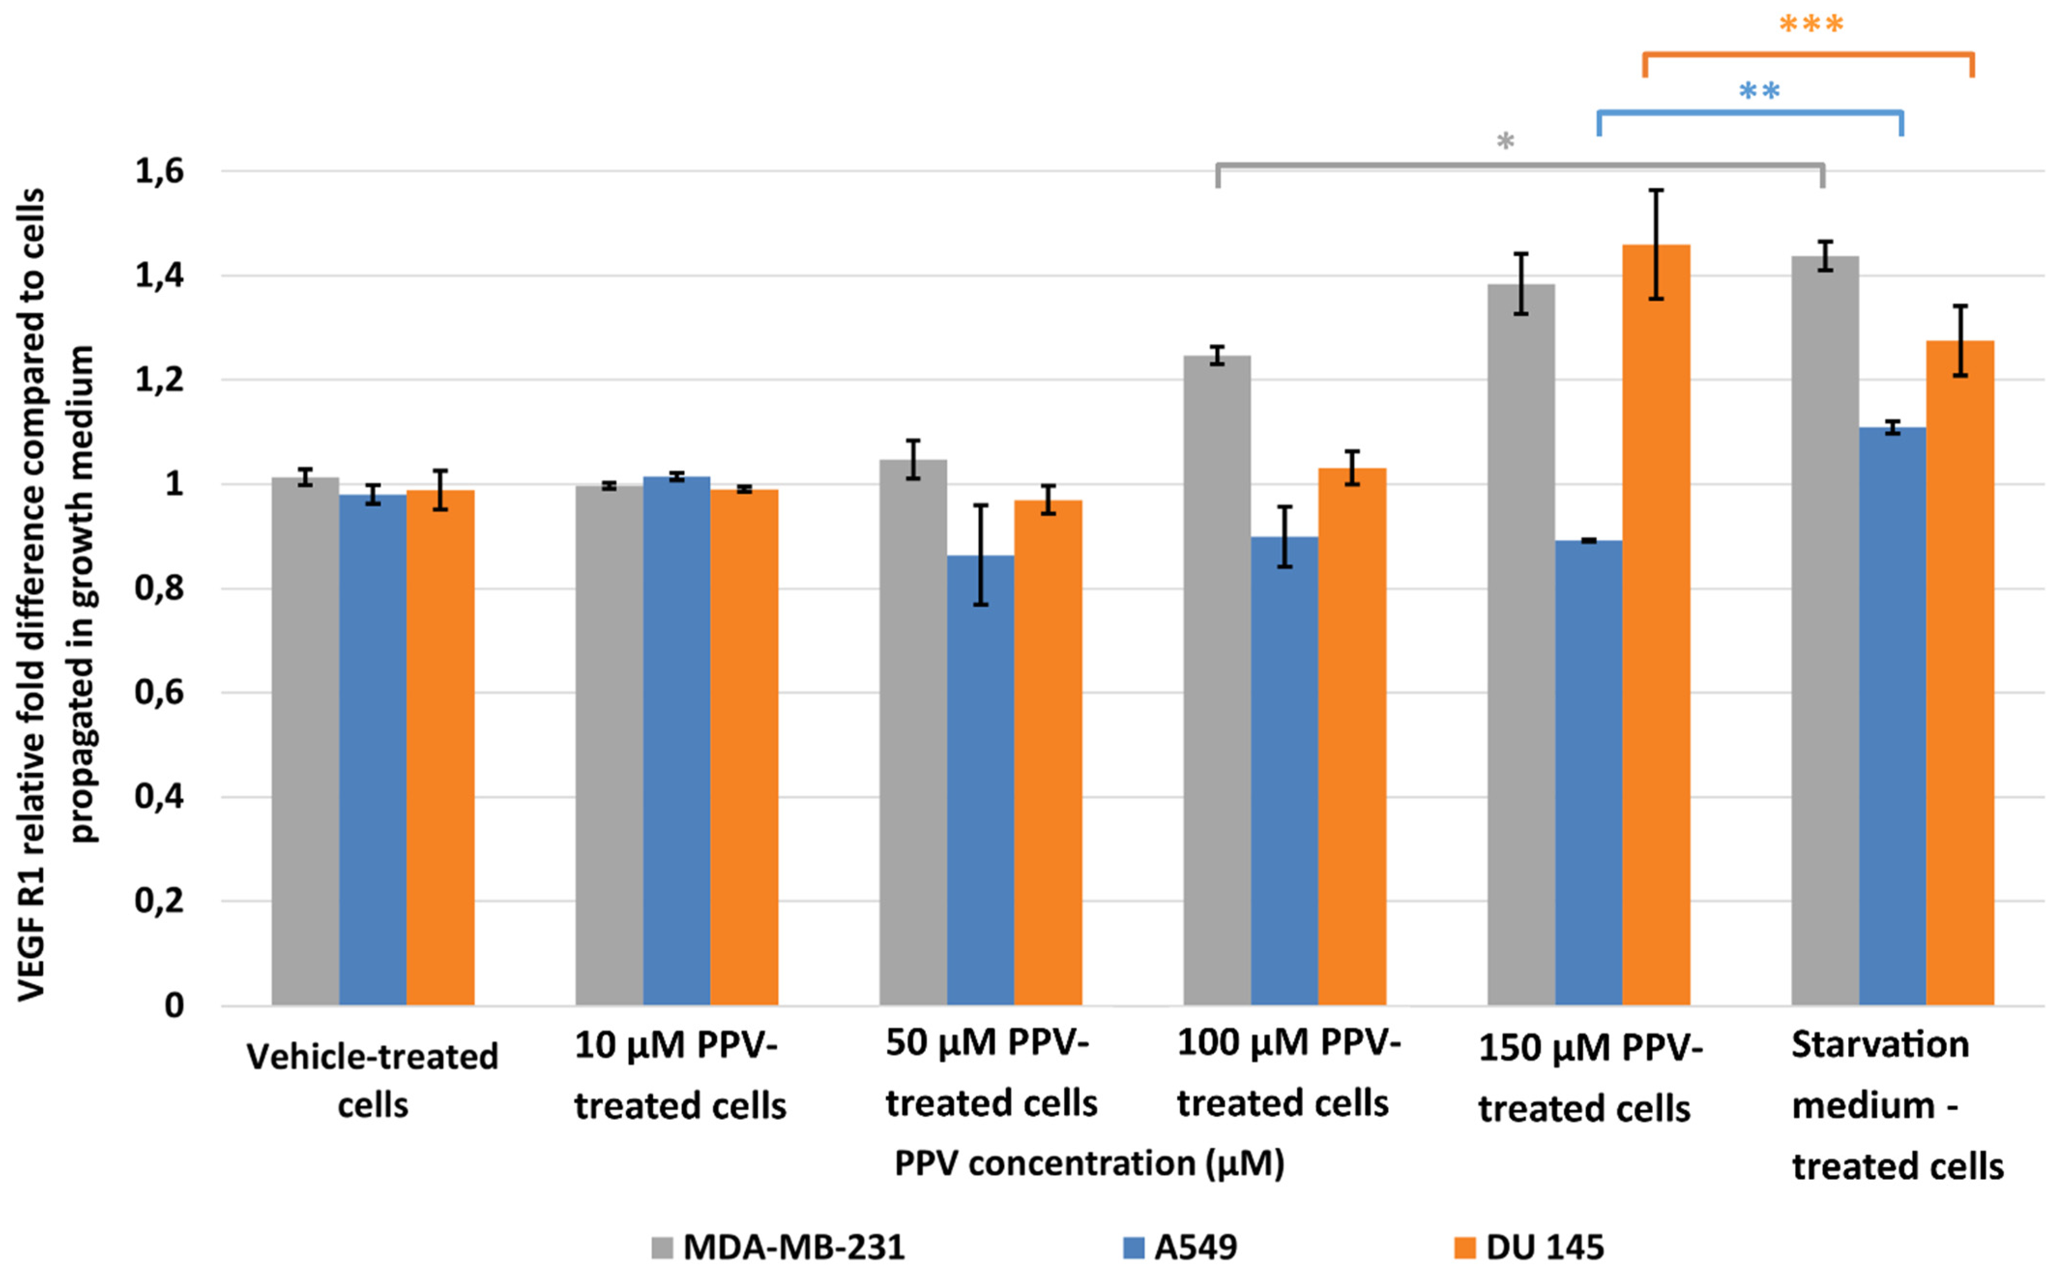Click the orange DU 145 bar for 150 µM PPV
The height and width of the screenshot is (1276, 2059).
(x=1656, y=624)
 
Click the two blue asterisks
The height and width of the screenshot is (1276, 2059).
(x=1759, y=91)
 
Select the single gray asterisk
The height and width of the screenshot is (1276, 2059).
(x=1505, y=142)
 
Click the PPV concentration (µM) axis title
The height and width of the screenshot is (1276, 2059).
(x=1089, y=1164)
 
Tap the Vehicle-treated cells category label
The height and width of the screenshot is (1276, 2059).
(x=372, y=1080)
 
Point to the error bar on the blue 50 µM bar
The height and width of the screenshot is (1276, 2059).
(x=980, y=554)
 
